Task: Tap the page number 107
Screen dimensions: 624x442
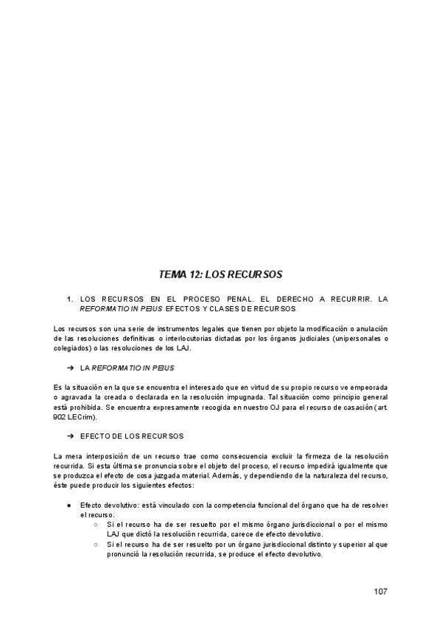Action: (380, 592)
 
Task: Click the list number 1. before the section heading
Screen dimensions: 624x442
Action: (70, 299)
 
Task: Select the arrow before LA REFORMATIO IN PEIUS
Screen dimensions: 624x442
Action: (71, 366)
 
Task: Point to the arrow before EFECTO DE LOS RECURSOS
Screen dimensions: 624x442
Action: (71, 436)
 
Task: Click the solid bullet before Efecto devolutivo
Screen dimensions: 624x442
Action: (69, 506)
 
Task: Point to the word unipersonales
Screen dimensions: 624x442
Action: (355, 338)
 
